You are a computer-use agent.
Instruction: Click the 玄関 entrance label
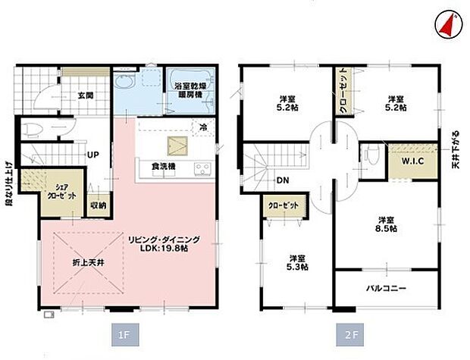pos(85,95)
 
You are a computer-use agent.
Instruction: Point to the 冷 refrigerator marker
pos(202,130)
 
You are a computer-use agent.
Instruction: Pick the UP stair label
pos(93,155)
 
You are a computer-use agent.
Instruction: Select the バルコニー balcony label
pos(387,289)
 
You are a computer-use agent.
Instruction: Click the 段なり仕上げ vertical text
pos(8,182)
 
